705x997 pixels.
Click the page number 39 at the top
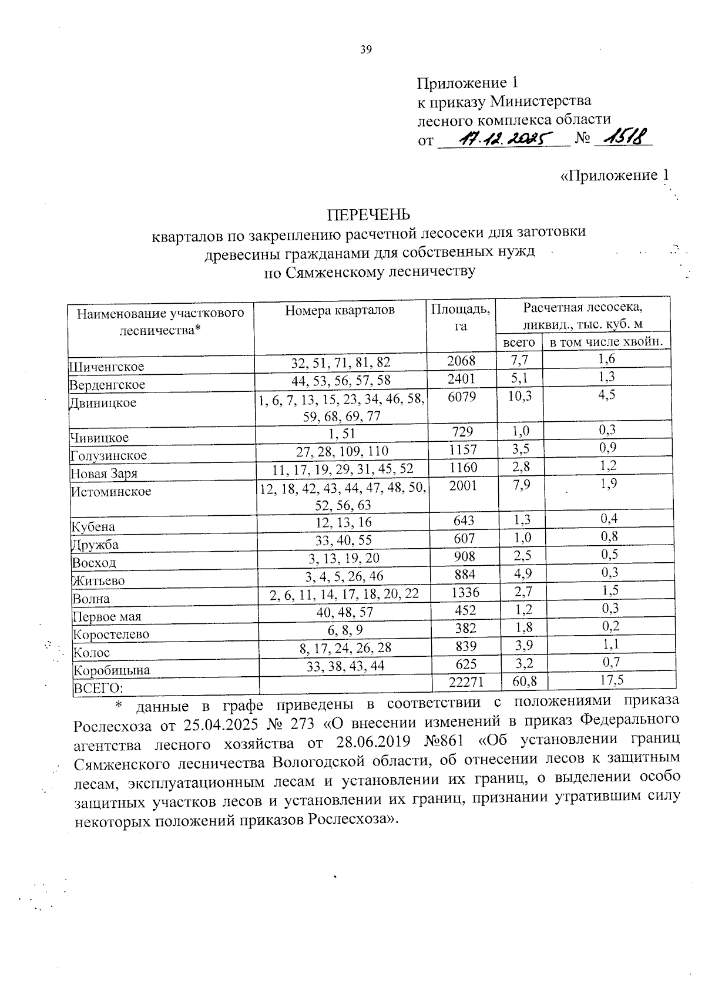[365, 50]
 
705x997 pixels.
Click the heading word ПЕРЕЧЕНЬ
[368, 214]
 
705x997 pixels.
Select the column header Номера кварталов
[340, 310]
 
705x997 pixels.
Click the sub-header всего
[519, 342]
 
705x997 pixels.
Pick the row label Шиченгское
[106, 367]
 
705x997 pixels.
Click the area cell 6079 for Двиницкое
[462, 396]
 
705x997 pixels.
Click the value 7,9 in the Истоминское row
[519, 485]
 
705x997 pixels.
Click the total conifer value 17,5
[608, 680]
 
